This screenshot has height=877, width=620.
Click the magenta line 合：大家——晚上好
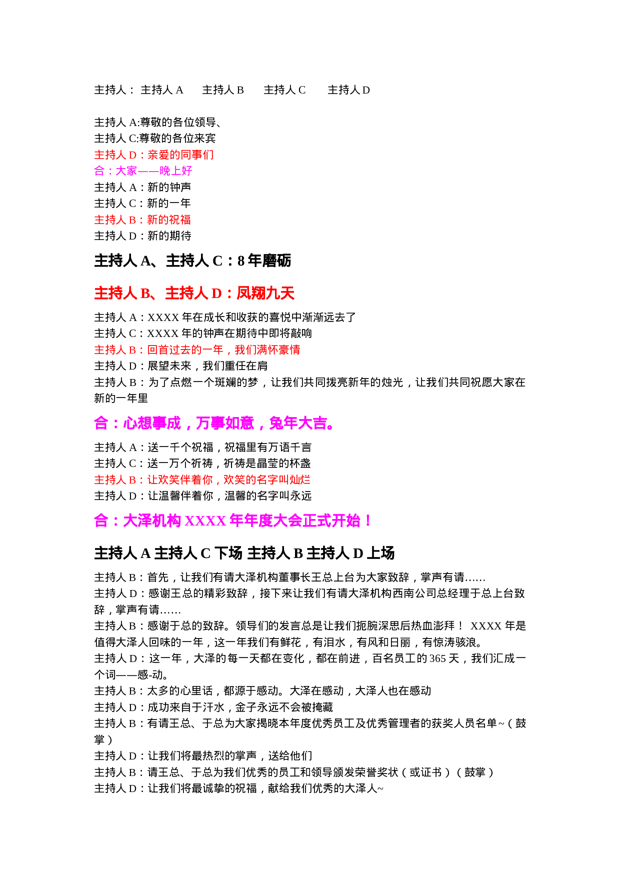point(143,171)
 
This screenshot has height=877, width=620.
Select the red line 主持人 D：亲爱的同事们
point(154,155)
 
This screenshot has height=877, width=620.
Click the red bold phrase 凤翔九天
point(265,293)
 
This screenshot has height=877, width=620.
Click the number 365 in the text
point(437,658)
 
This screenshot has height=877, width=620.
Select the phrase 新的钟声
point(169,187)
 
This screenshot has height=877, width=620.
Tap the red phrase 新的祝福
point(169,220)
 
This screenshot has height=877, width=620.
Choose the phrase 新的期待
point(169,236)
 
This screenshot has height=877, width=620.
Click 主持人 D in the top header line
point(348,90)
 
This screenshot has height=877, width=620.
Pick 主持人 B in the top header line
point(223,90)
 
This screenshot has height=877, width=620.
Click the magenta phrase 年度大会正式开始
point(295,521)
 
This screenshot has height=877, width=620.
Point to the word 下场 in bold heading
point(228,553)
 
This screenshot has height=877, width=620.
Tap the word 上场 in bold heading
point(381,553)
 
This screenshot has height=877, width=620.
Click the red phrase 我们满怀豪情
point(267,350)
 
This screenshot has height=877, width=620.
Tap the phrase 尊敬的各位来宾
point(177,138)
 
